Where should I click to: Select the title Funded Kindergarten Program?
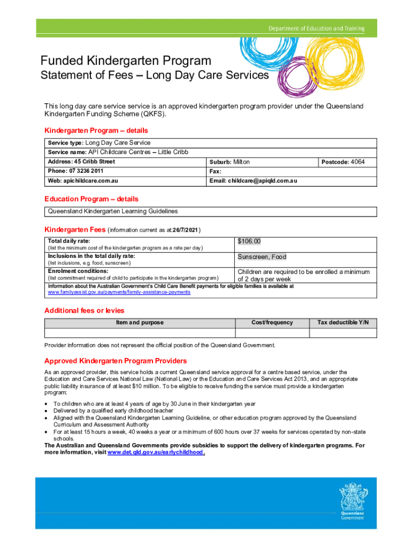click(126, 61)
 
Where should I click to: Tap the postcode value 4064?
click(357, 162)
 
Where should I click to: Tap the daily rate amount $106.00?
click(249, 241)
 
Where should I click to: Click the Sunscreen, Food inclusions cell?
click(262, 257)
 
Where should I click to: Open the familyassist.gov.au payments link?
click(119, 292)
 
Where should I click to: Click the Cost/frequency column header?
click(272, 322)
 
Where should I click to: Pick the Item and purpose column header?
click(140, 322)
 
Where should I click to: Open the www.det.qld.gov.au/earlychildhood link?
click(155, 452)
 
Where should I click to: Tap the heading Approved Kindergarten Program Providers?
click(115, 361)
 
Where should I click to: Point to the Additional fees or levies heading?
click(84, 310)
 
